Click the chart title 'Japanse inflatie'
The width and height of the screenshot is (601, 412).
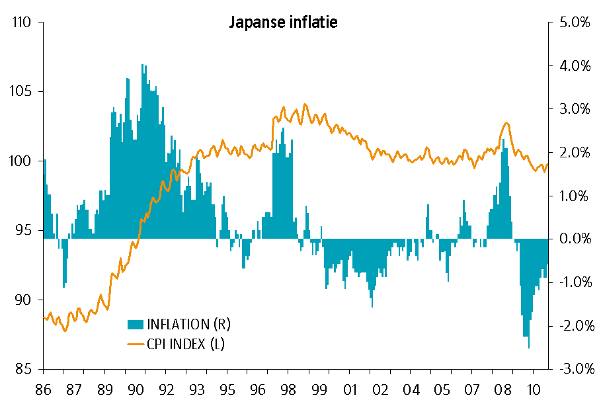(283, 22)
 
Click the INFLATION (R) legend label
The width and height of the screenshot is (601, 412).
(188, 324)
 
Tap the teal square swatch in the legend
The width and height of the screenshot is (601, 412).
(135, 324)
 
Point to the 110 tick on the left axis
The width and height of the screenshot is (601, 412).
(22, 22)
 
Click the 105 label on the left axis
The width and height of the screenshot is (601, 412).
(22, 92)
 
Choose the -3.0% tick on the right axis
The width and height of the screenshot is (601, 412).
(573, 369)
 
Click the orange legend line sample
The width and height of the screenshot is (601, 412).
(135, 343)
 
